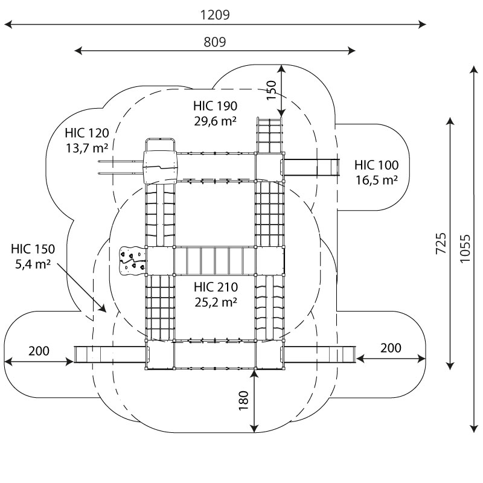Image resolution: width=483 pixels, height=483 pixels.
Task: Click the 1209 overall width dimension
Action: click(215, 14)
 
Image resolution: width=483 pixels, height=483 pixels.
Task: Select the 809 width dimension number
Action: click(215, 42)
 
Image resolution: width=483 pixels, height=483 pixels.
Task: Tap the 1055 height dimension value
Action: click(464, 248)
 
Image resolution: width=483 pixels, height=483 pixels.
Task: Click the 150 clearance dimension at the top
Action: click(272, 90)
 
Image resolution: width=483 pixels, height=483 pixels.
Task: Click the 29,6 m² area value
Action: click(215, 121)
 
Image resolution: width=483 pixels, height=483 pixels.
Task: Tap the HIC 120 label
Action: click(87, 133)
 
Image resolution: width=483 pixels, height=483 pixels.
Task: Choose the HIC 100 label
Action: click(376, 165)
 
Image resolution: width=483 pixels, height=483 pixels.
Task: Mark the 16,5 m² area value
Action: click(376, 179)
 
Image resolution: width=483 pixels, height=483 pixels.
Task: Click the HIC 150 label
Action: click(33, 249)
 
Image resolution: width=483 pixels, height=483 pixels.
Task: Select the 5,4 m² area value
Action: click(33, 263)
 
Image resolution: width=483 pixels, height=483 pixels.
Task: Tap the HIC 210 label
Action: click(215, 286)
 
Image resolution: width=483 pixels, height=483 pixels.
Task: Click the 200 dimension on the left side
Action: click(39, 351)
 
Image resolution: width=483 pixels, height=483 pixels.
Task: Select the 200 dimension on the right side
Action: click(391, 348)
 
